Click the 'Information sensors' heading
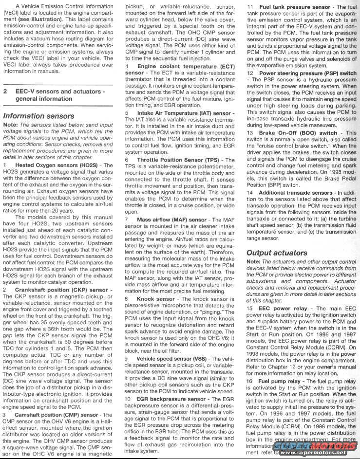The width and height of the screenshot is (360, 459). [x=39, y=116]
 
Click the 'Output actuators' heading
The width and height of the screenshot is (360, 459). [x=276, y=253]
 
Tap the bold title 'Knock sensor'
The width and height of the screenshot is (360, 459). [x=156, y=298]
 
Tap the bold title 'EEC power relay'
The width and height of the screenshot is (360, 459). [x=284, y=309]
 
